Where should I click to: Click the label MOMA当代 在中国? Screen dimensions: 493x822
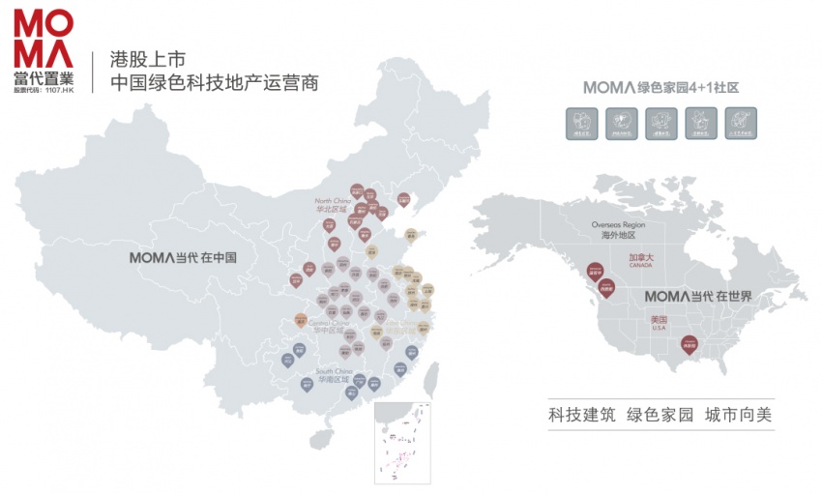(184, 258)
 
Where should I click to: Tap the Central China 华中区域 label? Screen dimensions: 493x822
(329, 328)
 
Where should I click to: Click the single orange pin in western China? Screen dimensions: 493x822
(301, 320)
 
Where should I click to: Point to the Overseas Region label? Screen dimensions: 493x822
(618, 228)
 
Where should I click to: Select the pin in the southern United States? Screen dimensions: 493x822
(689, 344)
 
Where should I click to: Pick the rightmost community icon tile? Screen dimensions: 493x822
(741, 123)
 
